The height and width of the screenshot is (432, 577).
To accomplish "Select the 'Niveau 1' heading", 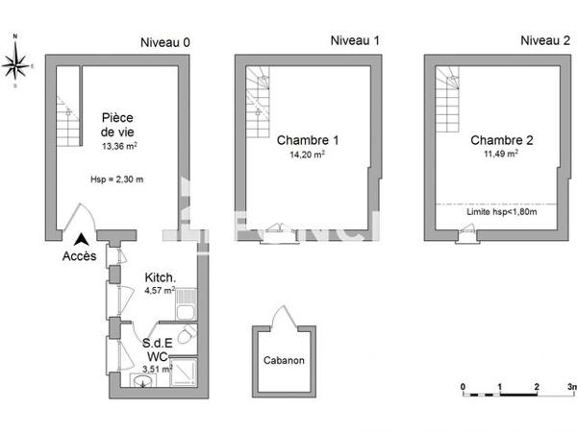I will coord(355,40).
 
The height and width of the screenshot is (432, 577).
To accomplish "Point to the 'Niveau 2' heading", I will coord(544,40).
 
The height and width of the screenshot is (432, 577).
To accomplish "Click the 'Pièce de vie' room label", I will coord(117,126).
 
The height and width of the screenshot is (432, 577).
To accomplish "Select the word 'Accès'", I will coord(79,256).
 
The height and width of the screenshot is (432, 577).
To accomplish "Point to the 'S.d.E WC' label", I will coord(158,349).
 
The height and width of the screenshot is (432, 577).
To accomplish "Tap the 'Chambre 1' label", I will coord(307,140).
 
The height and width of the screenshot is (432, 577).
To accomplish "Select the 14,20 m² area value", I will coord(307,154).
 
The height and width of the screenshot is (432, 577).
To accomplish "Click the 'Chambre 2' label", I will coord(501,140).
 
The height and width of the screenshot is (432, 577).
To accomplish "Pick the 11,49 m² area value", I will coord(501,154).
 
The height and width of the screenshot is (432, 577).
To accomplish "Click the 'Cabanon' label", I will coord(285,362).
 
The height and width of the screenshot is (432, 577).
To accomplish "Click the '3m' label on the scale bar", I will coord(570,387).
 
